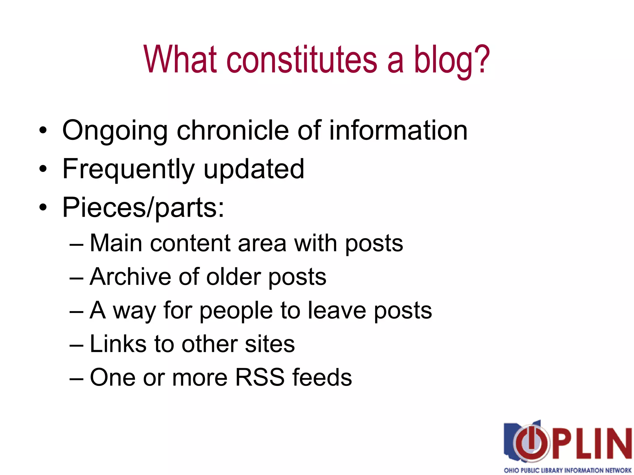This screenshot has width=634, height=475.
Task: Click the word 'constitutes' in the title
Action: [302, 59]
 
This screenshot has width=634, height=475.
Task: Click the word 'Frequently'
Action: [128, 170]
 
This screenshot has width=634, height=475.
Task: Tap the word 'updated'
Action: [254, 169]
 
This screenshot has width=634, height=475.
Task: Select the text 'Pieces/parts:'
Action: [143, 208]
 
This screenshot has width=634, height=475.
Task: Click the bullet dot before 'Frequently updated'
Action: [43, 169]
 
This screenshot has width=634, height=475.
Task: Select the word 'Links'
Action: [118, 344]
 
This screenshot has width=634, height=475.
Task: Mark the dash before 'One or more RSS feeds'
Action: [76, 378]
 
